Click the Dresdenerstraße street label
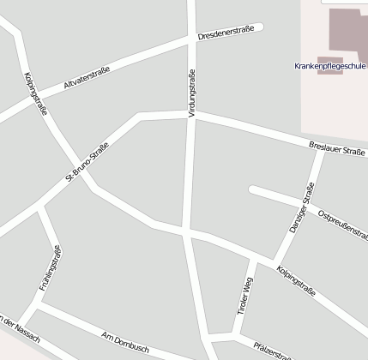coord(226,35)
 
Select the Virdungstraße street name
coord(190,93)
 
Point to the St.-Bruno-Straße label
coord(87,161)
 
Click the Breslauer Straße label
coord(336,151)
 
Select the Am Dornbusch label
coord(125,340)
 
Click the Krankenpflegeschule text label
coord(329,65)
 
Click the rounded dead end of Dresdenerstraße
coord(258,27)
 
